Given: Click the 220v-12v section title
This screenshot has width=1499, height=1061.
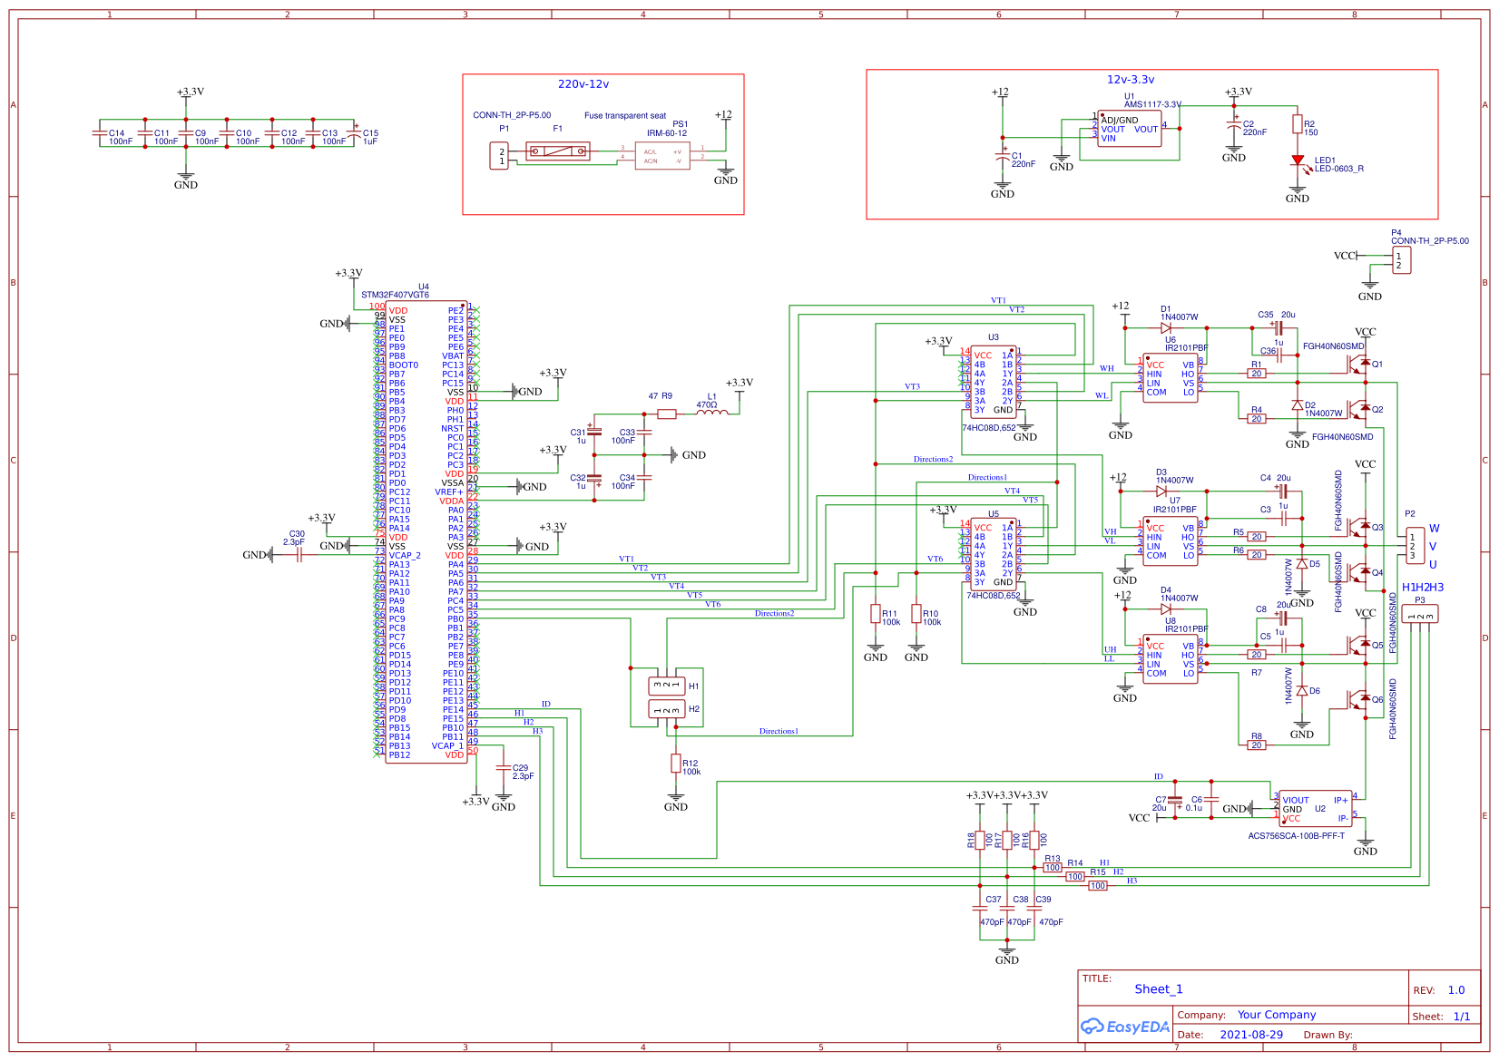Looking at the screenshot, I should pyautogui.click(x=583, y=84).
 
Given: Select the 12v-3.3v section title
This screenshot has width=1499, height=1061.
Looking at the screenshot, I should pyautogui.click(x=1131, y=80).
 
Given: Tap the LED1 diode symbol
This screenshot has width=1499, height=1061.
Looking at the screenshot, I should pyautogui.click(x=1298, y=161).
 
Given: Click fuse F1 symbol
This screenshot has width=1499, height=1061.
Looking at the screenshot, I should pyautogui.click(x=557, y=151).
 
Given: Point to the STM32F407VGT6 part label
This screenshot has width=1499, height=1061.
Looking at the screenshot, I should pyautogui.click(x=395, y=295).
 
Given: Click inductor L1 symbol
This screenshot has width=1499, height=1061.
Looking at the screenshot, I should pyautogui.click(x=712, y=414).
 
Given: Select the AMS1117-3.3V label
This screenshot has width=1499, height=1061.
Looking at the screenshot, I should pyautogui.click(x=1152, y=104).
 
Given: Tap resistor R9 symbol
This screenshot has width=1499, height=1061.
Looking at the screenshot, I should pyautogui.click(x=667, y=414).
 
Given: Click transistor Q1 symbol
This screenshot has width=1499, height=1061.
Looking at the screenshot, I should pyautogui.click(x=1358, y=364).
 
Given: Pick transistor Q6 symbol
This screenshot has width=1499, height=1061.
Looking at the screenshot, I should pyautogui.click(x=1358, y=699).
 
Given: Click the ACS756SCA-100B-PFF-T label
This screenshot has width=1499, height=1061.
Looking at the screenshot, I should pyautogui.click(x=1296, y=836).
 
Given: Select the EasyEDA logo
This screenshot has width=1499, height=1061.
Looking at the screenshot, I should pyautogui.click(x=1124, y=1027).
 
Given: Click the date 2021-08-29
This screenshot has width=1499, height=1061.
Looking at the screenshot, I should pyautogui.click(x=1251, y=1035).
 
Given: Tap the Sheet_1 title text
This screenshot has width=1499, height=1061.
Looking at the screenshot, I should pyautogui.click(x=1159, y=989).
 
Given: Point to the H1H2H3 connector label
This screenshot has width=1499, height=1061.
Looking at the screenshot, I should pyautogui.click(x=1422, y=588).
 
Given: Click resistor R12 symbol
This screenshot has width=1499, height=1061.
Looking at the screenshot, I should pyautogui.click(x=676, y=764).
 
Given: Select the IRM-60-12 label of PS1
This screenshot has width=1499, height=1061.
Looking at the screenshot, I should pyautogui.click(x=666, y=133).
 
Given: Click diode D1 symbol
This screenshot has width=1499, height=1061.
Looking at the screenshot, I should pyautogui.click(x=1166, y=328).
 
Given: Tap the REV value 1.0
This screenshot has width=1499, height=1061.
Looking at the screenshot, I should pyautogui.click(x=1456, y=990).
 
